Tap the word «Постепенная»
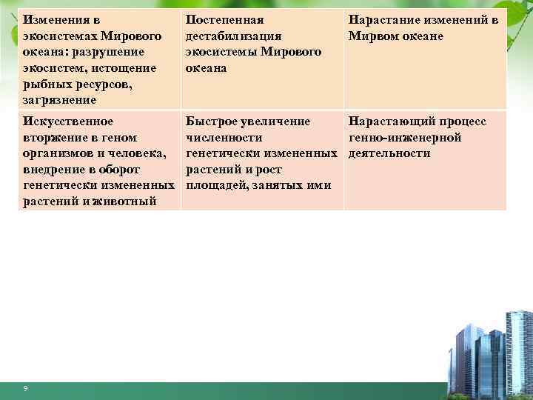225,21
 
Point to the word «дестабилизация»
233,36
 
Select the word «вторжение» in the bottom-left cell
56,137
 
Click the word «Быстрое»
212,121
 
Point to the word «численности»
224,137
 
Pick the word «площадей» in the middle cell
218,185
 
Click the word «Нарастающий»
390,121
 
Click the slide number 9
25,389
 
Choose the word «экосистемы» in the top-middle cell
221,52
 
